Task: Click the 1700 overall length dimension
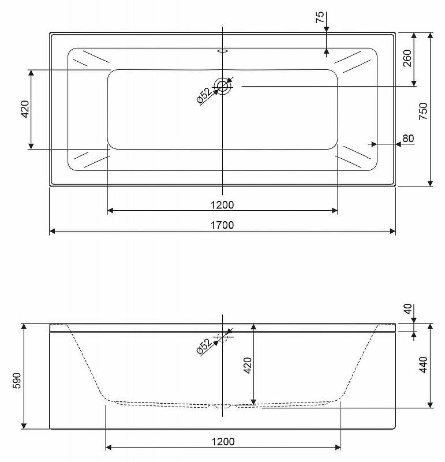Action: [x=222, y=225]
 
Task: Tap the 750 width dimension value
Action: [x=423, y=111]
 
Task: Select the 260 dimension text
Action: [x=407, y=58]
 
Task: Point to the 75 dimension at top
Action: [x=320, y=17]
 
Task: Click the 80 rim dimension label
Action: [x=408, y=138]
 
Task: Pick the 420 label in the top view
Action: [x=25, y=109]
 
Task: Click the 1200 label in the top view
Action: [x=222, y=205]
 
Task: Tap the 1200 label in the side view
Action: [x=223, y=442]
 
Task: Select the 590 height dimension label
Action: [x=17, y=381]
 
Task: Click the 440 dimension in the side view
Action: [x=423, y=364]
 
